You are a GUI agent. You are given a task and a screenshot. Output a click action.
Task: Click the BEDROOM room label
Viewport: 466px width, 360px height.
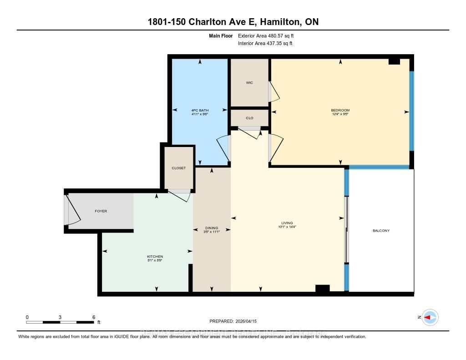click(340, 110)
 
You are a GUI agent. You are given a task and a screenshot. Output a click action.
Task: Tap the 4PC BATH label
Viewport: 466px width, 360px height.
click(200, 110)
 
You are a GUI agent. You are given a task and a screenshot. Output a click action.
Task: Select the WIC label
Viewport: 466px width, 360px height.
click(249, 82)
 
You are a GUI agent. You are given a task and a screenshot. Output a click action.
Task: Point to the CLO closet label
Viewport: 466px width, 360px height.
click(249, 118)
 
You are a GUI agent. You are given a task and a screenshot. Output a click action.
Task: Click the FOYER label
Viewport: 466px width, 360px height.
click(101, 211)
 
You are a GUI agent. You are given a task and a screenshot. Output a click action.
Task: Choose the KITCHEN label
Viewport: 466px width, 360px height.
click(155, 256)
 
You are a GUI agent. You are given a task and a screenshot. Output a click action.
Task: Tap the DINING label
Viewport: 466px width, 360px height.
click(212, 228)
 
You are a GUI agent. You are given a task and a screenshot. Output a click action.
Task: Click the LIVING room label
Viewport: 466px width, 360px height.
click(287, 223)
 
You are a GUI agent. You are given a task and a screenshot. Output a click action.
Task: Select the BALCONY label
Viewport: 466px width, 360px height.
click(381, 231)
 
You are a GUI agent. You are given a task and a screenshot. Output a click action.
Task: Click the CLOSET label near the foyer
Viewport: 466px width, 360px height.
click(179, 168)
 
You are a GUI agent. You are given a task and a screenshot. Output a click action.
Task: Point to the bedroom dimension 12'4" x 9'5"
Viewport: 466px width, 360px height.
click(340, 114)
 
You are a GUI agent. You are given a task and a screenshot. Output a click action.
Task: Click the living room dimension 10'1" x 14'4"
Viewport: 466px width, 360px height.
click(287, 227)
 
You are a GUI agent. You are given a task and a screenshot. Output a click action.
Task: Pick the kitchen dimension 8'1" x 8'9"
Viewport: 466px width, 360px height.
click(155, 260)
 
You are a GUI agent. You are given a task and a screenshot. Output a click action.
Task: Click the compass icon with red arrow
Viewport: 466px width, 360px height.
click(430, 317)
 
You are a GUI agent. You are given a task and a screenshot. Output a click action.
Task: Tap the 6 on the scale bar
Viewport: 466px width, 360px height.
click(93, 317)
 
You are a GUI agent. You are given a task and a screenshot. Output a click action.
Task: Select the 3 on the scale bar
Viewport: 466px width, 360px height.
click(60, 317)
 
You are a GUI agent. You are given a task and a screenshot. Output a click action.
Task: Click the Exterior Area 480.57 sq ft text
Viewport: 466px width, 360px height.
click(269, 35)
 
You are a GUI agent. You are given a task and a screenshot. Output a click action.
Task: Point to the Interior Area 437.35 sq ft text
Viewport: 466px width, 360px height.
click(265, 44)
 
